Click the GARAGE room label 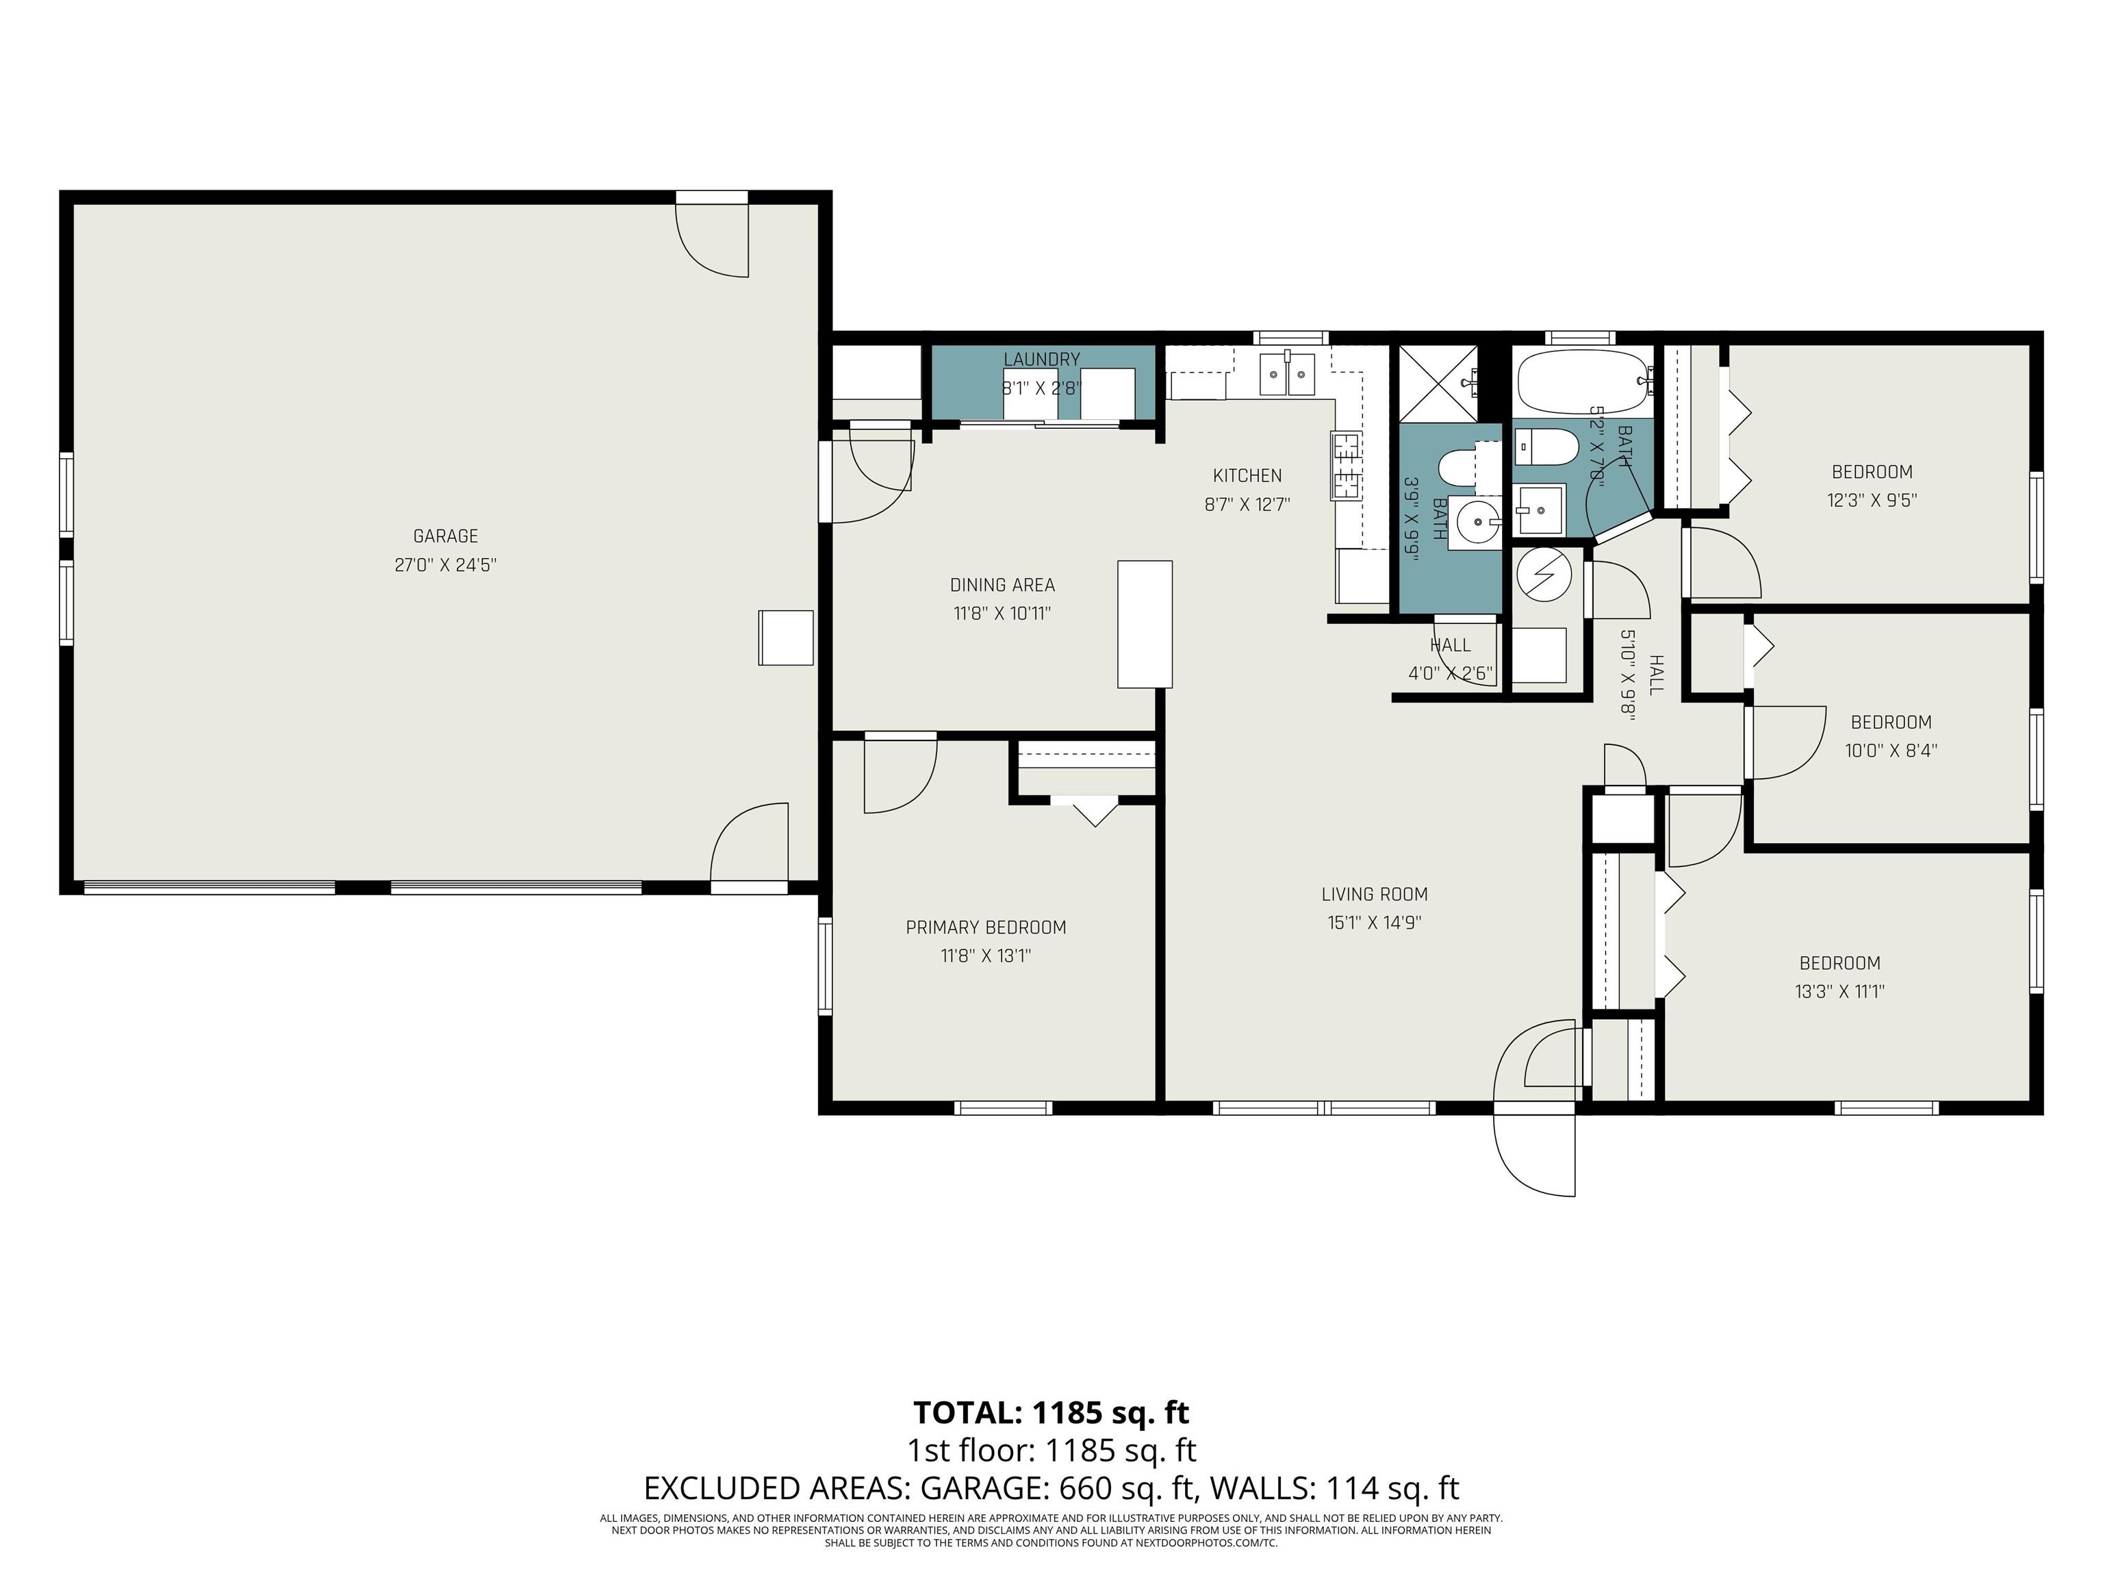[445, 536]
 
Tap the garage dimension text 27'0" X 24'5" [445, 565]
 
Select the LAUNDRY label [1042, 360]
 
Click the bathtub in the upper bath [1579, 381]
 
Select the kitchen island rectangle [1145, 624]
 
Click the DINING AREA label [1002, 585]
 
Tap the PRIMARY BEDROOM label [986, 927]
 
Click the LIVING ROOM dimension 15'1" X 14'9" [1374, 923]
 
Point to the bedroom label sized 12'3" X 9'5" [1871, 472]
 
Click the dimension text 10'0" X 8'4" [1891, 751]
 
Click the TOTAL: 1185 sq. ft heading [1051, 1412]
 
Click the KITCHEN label [1247, 475]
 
